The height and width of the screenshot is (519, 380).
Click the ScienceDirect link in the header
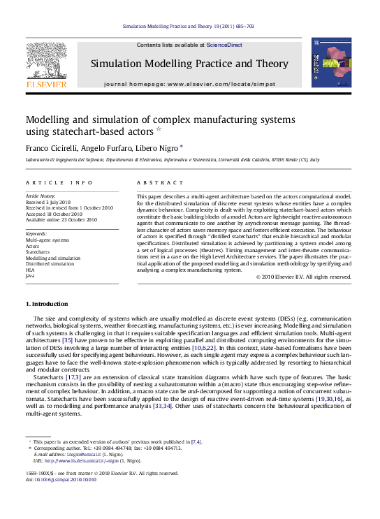click(x=225, y=45)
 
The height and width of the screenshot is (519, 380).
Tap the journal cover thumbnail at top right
click(x=331, y=62)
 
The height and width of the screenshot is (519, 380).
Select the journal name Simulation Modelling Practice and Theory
click(x=189, y=64)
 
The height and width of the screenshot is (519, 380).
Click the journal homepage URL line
click(x=189, y=84)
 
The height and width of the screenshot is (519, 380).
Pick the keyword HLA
click(x=30, y=270)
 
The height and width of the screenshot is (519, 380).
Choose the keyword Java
click(x=30, y=276)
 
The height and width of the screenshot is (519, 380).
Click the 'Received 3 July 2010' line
click(x=50, y=202)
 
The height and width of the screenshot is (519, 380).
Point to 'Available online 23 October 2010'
click(x=61, y=219)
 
